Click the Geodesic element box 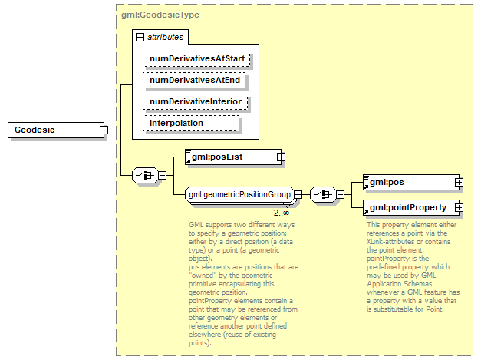pos(53,130)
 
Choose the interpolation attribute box pos(191,123)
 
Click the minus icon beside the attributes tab pos(140,37)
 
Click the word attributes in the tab pos(165,37)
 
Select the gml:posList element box pos(230,157)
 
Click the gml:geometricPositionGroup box pos(239,195)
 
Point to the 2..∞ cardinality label pos(282,212)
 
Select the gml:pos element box pos(407,183)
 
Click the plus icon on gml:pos pos(459,183)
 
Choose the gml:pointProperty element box pos(407,207)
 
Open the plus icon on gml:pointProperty pos(459,207)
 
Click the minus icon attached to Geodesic pos(104,130)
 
